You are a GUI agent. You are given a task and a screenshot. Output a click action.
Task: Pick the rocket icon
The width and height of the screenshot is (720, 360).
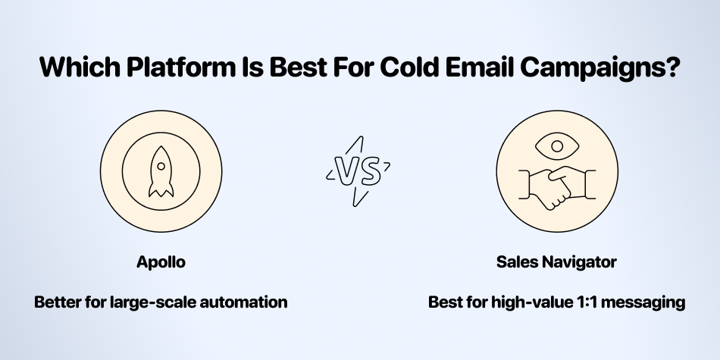pos(161,172)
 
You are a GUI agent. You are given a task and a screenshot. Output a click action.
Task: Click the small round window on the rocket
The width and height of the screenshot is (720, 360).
pos(161,165)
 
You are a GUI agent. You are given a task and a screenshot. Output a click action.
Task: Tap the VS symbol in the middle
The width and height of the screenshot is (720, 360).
pos(358,171)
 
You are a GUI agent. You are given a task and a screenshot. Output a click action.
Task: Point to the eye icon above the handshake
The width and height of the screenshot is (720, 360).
pos(557,146)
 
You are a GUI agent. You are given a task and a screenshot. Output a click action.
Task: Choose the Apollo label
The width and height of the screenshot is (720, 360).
pos(161,263)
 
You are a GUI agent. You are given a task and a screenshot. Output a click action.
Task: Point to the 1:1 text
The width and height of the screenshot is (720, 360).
pos(588,302)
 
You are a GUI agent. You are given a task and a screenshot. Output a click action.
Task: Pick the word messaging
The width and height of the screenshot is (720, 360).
pos(643,303)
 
